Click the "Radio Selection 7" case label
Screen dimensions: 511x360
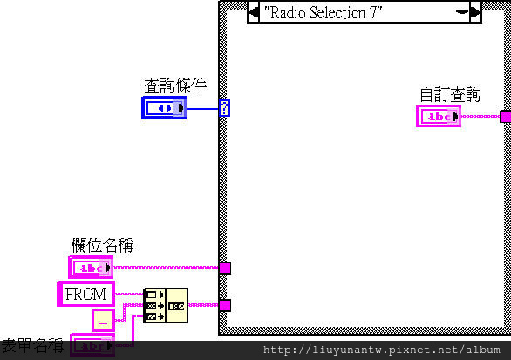323,13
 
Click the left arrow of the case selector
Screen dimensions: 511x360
254,12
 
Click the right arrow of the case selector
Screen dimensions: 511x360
475,12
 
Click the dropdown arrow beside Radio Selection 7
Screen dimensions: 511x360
462,11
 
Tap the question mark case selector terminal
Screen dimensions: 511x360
224,108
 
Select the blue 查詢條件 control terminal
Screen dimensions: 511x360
164,108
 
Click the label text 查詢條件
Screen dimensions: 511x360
175,86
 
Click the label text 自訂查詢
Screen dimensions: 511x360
450,95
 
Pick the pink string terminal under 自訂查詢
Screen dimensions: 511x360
439,116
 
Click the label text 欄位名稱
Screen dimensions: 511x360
102,245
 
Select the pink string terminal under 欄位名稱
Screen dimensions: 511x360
91,268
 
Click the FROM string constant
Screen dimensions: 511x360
85,295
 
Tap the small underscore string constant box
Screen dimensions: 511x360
103,320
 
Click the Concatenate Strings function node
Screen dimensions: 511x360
166,306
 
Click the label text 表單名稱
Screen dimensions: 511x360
32,346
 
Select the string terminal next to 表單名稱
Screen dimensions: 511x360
92,345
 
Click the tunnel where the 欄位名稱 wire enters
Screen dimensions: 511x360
225,268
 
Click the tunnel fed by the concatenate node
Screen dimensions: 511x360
225,306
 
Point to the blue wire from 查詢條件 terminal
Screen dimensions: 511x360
202,108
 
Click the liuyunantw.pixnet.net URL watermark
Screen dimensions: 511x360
381,350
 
